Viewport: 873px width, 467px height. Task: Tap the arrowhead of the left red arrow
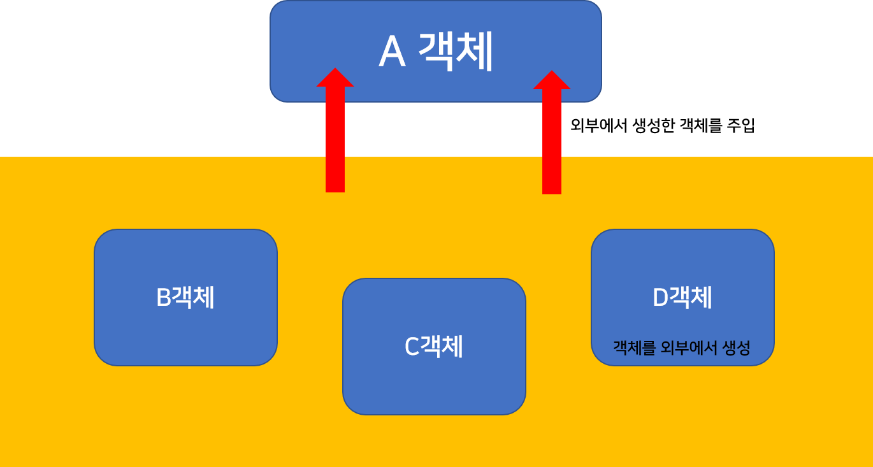point(335,78)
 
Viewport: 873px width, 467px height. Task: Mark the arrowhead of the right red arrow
point(552,80)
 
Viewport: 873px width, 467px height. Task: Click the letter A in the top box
point(392,52)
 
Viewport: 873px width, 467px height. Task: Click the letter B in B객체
point(164,298)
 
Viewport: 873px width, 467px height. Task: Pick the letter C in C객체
point(412,347)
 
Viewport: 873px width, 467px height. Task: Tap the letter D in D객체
point(660,298)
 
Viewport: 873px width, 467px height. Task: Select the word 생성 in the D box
point(737,348)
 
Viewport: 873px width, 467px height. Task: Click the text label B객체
point(185,298)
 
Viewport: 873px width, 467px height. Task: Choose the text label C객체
point(434,347)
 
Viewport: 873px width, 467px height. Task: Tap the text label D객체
point(682,298)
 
